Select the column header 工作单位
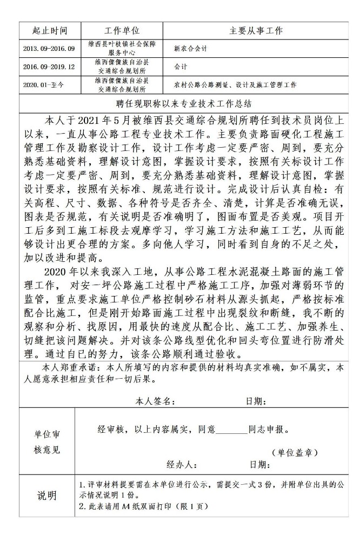122,31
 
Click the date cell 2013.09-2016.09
49,49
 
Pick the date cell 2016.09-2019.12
49,67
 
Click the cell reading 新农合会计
190,49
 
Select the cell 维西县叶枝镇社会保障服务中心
122,49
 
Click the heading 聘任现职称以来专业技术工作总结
180,103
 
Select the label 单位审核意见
47,442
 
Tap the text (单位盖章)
294,452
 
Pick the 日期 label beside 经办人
258,465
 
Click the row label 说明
46,496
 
